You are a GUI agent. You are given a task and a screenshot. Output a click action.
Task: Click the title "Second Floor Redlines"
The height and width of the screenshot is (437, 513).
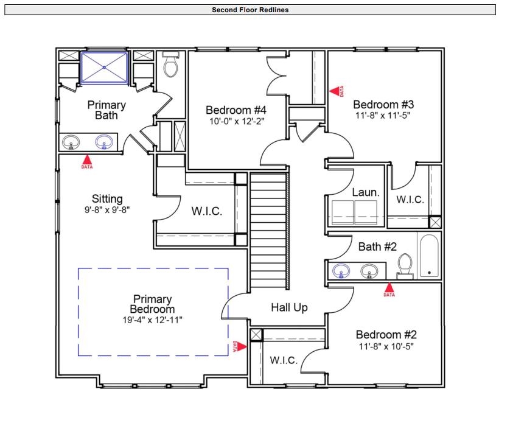250,10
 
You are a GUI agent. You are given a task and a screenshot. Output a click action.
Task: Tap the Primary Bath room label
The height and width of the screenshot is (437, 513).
106,110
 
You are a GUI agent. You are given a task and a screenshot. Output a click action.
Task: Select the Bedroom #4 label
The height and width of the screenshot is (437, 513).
236,110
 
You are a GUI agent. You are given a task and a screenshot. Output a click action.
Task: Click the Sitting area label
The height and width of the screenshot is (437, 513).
107,198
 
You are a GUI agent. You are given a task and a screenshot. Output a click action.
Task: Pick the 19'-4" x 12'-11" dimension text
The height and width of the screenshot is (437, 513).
152,320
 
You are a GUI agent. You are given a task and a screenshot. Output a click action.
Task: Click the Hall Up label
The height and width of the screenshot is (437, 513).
289,308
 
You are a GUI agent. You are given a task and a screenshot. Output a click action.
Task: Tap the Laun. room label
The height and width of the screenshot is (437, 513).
366,192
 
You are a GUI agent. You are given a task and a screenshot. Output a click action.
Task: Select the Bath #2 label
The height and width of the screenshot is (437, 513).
377,246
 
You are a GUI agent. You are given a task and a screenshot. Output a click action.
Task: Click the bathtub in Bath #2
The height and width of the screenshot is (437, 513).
429,256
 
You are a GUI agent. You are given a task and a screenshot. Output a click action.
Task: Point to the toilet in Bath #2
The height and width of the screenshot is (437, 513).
405,265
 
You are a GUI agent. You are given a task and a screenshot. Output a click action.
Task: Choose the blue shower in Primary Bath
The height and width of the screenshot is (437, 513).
105,67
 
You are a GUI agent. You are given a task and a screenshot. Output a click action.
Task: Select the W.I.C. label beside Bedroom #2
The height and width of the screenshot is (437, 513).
284,360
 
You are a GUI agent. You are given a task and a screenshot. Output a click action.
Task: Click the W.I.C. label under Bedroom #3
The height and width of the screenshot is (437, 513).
410,199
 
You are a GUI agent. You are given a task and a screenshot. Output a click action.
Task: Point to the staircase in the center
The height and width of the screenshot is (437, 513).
268,231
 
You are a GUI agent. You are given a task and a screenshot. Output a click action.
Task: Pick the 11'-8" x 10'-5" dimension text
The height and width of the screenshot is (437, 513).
386,347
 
